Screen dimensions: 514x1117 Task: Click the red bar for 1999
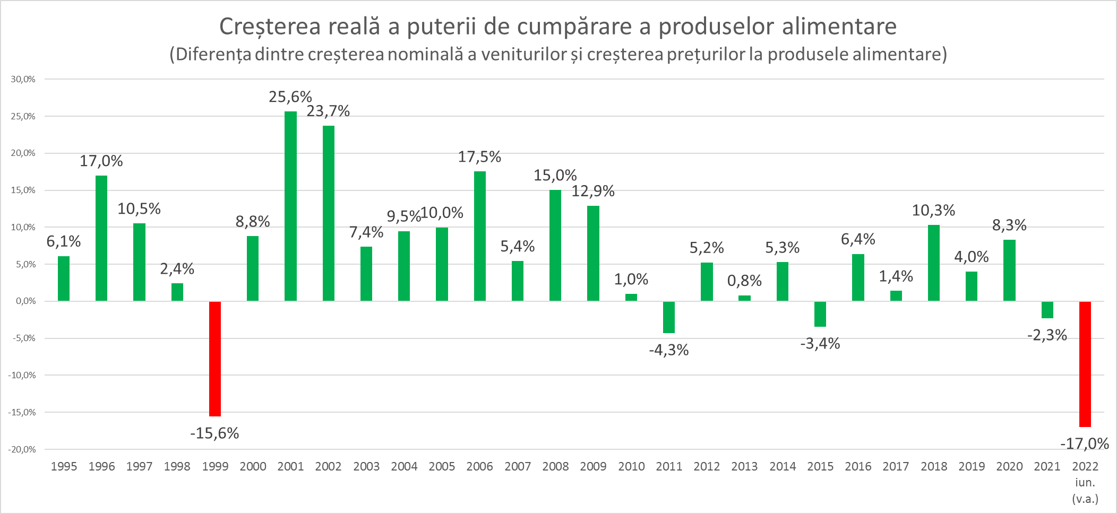click(x=215, y=359)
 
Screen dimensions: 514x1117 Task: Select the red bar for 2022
click(x=1085, y=364)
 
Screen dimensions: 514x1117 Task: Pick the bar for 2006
click(x=479, y=236)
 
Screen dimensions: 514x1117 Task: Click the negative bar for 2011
click(x=669, y=317)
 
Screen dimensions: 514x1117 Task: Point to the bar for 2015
click(x=820, y=314)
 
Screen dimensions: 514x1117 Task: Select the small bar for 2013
click(x=744, y=298)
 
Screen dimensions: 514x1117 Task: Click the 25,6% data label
click(x=290, y=97)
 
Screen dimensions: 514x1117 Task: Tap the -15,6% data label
click(x=214, y=434)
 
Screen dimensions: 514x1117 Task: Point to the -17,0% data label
click(x=1085, y=444)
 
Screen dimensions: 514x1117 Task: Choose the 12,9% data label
click(x=593, y=191)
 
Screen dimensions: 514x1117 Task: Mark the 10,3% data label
click(x=933, y=211)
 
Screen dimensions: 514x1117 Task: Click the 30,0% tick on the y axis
click(x=23, y=80)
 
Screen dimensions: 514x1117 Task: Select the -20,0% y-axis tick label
click(x=22, y=449)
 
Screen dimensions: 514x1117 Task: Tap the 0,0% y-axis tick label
click(x=25, y=301)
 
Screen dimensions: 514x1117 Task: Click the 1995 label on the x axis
click(x=64, y=467)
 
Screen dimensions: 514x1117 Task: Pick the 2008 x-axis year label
click(x=555, y=467)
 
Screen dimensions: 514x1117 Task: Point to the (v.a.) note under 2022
click(x=1085, y=499)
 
